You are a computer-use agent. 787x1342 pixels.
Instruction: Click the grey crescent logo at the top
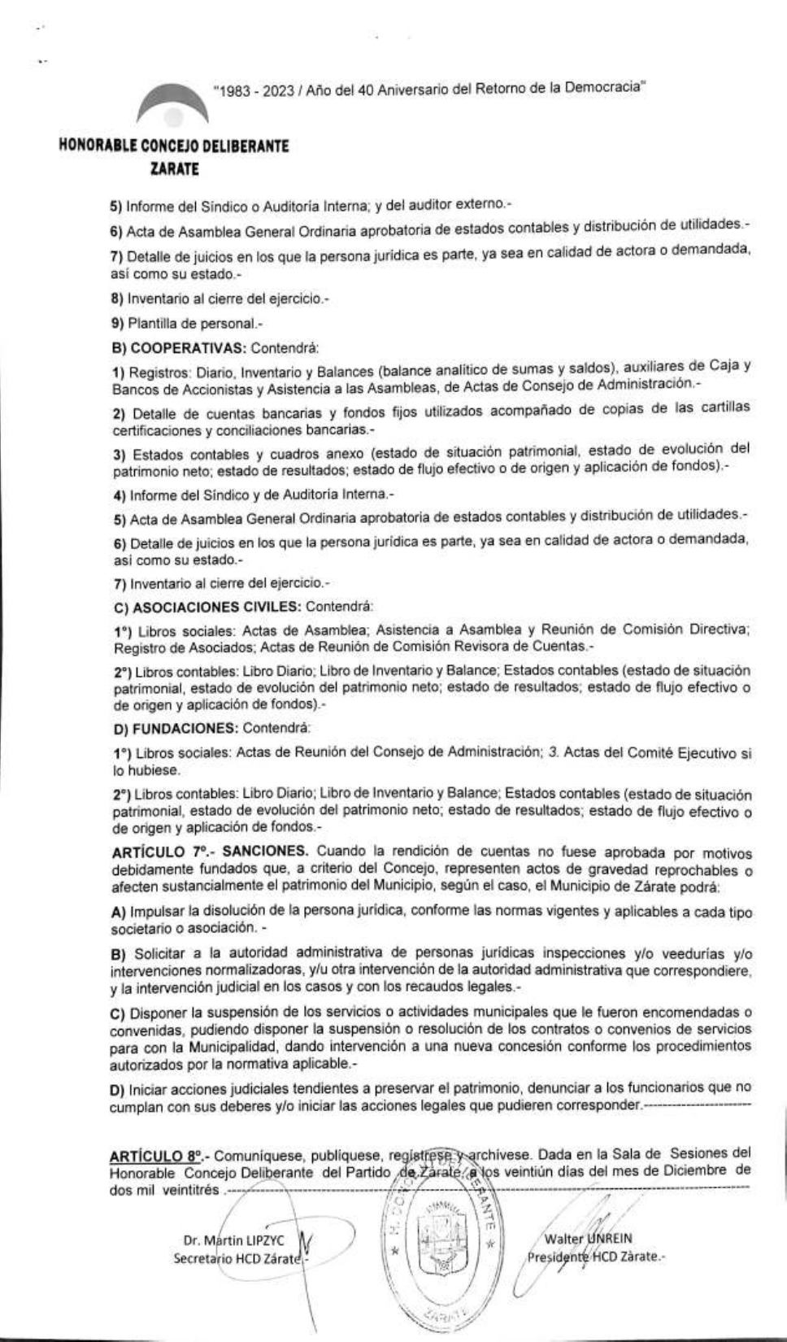[168, 104]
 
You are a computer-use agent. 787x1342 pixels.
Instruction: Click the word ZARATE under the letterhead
[174, 170]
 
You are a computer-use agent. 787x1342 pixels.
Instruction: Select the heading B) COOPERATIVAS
[178, 348]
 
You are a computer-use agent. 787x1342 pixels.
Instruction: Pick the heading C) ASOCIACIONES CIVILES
[206, 607]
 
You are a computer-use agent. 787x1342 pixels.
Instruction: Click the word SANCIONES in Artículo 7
[265, 851]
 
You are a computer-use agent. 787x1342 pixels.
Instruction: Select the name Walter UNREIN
[589, 1239]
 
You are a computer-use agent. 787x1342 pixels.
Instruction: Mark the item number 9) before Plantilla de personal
[116, 324]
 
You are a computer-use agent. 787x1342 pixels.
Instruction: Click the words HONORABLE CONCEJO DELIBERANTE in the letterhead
[174, 147]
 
